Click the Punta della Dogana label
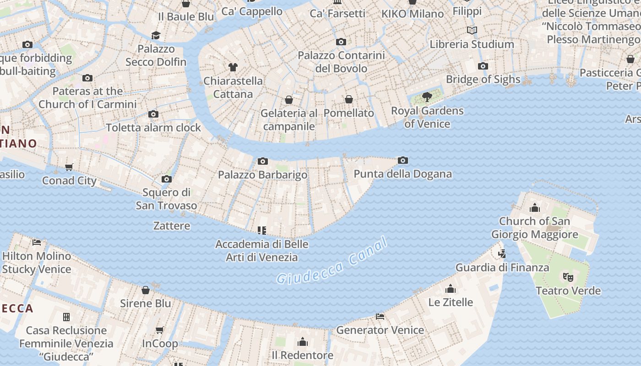[402, 174]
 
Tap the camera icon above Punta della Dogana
[403, 160]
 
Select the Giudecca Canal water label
[332, 262]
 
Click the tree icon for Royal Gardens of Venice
[427, 97]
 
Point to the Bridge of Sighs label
[483, 79]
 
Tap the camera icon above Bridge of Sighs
[483, 66]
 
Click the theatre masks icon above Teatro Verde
[568, 277]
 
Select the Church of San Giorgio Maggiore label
[534, 228]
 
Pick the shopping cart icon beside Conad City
[69, 167]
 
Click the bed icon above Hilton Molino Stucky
[37, 242]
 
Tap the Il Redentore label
[302, 355]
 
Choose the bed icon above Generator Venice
[380, 316]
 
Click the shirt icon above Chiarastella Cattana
[233, 67]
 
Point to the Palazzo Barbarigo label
[262, 174]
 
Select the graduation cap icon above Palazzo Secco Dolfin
[156, 35]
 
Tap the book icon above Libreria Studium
[472, 30]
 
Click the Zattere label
[172, 226]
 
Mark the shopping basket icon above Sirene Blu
[146, 290]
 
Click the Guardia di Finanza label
[502, 267]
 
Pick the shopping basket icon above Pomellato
[349, 99]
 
